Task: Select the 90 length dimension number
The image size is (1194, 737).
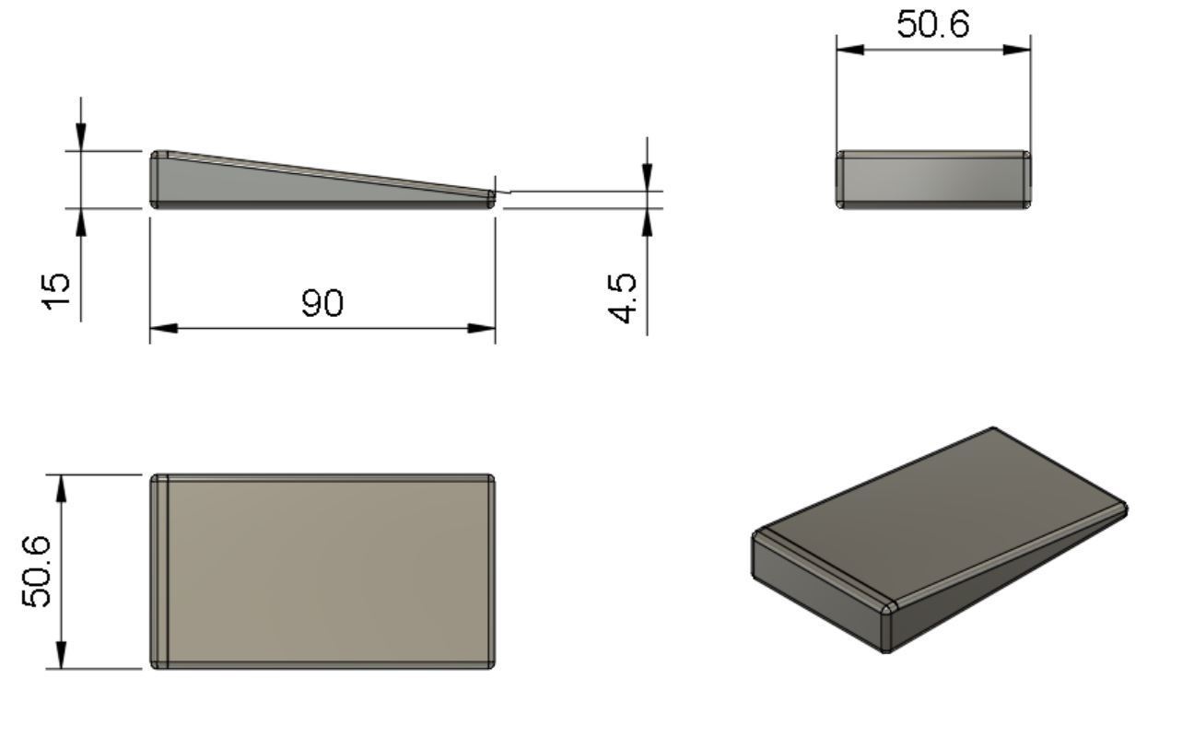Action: [322, 302]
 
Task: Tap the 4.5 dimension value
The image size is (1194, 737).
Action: [624, 298]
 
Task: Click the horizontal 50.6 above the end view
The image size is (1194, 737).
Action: [933, 25]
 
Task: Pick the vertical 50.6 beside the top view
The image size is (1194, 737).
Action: [38, 571]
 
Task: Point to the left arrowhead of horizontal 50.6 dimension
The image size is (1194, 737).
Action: [849, 49]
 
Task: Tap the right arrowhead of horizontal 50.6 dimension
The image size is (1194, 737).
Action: [1017, 49]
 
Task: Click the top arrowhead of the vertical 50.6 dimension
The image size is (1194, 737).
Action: [62, 488]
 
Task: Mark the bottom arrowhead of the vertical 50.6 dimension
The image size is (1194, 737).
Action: [62, 655]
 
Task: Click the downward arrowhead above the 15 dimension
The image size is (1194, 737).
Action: [81, 136]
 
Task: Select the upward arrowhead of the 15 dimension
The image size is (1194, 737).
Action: [81, 222]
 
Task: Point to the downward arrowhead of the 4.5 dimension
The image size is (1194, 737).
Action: [648, 177]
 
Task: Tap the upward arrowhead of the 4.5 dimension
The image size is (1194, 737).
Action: [648, 222]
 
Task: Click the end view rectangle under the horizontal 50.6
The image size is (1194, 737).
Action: [933, 180]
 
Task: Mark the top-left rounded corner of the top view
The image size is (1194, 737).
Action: [157, 480]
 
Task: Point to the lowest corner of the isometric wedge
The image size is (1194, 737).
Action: [886, 650]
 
